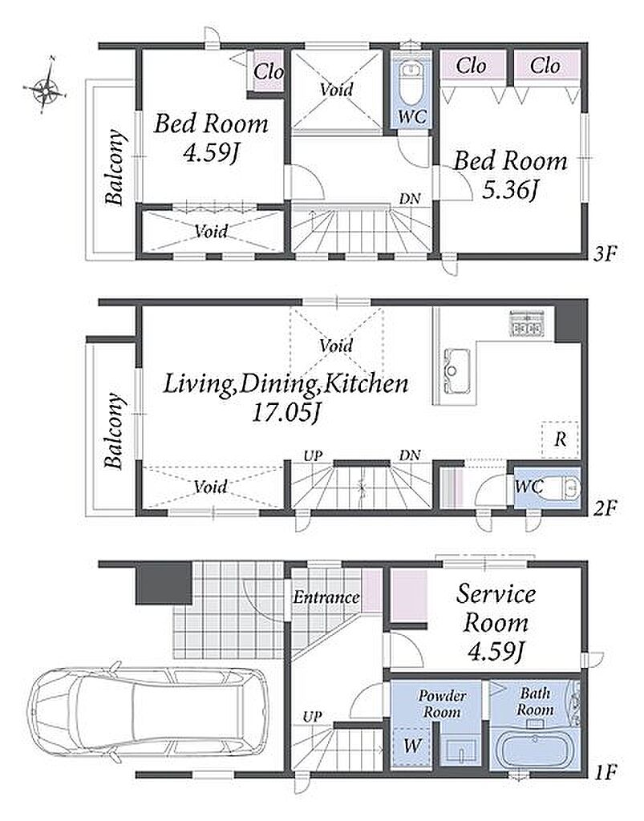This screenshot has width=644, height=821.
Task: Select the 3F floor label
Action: click(x=605, y=255)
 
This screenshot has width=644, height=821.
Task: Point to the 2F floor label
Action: click(x=605, y=508)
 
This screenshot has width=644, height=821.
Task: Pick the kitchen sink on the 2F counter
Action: click(x=456, y=370)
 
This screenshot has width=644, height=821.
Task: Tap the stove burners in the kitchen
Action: click(x=527, y=323)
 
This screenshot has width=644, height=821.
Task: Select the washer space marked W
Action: click(x=411, y=746)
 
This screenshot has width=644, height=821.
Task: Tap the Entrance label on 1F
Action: click(x=326, y=597)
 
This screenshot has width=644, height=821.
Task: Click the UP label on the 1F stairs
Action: click(x=312, y=717)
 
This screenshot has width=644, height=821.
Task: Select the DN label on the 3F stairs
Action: click(x=410, y=199)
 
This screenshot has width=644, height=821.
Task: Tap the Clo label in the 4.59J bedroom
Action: click(x=268, y=71)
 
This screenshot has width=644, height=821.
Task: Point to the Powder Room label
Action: click(x=441, y=704)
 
